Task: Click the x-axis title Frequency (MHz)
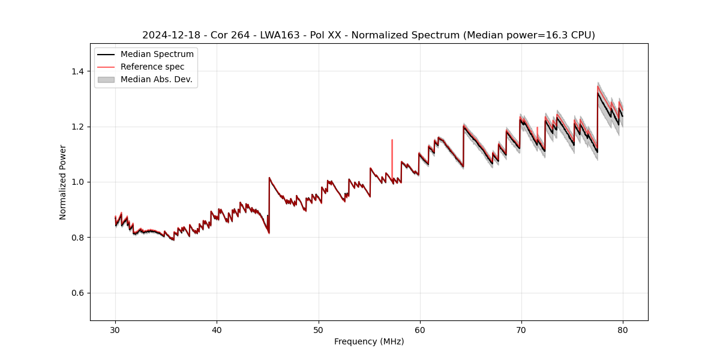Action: click(x=369, y=341)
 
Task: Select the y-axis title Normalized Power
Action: click(x=63, y=182)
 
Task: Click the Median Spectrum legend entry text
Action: click(x=157, y=55)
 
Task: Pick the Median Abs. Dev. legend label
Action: click(x=157, y=79)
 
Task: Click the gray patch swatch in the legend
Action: click(x=106, y=79)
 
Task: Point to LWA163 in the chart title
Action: click(x=278, y=35)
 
